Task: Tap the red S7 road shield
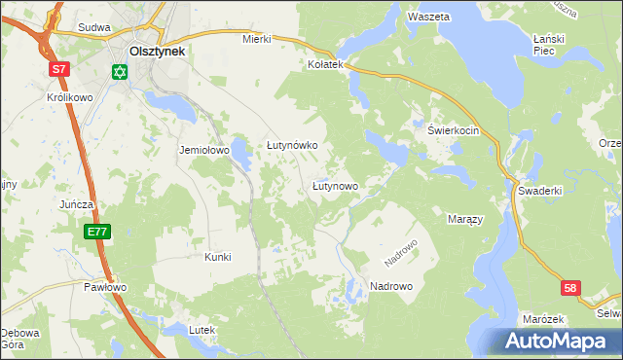click(x=60, y=69)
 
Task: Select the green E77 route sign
click(x=96, y=232)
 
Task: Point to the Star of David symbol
click(x=120, y=72)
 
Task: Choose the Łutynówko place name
click(x=293, y=145)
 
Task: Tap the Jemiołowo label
click(x=202, y=151)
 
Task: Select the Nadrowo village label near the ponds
click(x=391, y=286)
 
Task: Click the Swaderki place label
click(x=540, y=191)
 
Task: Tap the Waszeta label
click(x=428, y=18)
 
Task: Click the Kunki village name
click(x=217, y=257)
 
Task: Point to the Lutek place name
click(x=201, y=331)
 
